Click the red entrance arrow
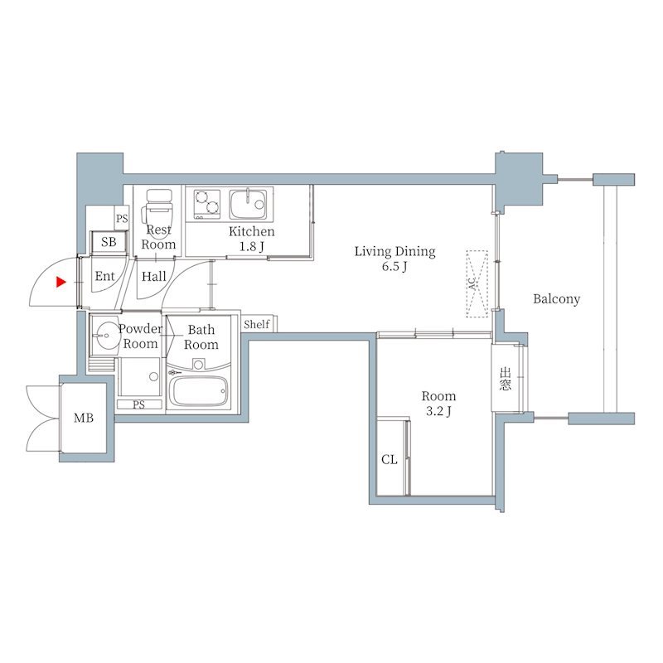pyautogui.click(x=61, y=282)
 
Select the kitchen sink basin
pyautogui.click(x=248, y=204)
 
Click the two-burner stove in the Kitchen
pyautogui.click(x=207, y=203)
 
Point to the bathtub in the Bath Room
pyautogui.click(x=198, y=391)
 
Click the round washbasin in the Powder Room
pyautogui.click(x=105, y=336)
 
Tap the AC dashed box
pyautogui.click(x=477, y=283)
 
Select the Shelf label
pyautogui.click(x=257, y=324)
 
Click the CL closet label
pyautogui.click(x=389, y=459)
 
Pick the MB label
pyautogui.click(x=84, y=418)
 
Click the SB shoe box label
pyautogui.click(x=109, y=242)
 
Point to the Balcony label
pyautogui.click(x=556, y=299)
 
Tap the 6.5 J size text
pyautogui.click(x=394, y=267)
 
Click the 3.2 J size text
pyautogui.click(x=438, y=411)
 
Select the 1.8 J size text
pyautogui.click(x=252, y=246)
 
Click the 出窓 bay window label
pyautogui.click(x=505, y=379)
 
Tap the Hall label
pyautogui.click(x=154, y=277)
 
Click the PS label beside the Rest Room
pyautogui.click(x=122, y=219)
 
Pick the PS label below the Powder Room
pyautogui.click(x=138, y=404)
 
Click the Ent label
pyautogui.click(x=105, y=276)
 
